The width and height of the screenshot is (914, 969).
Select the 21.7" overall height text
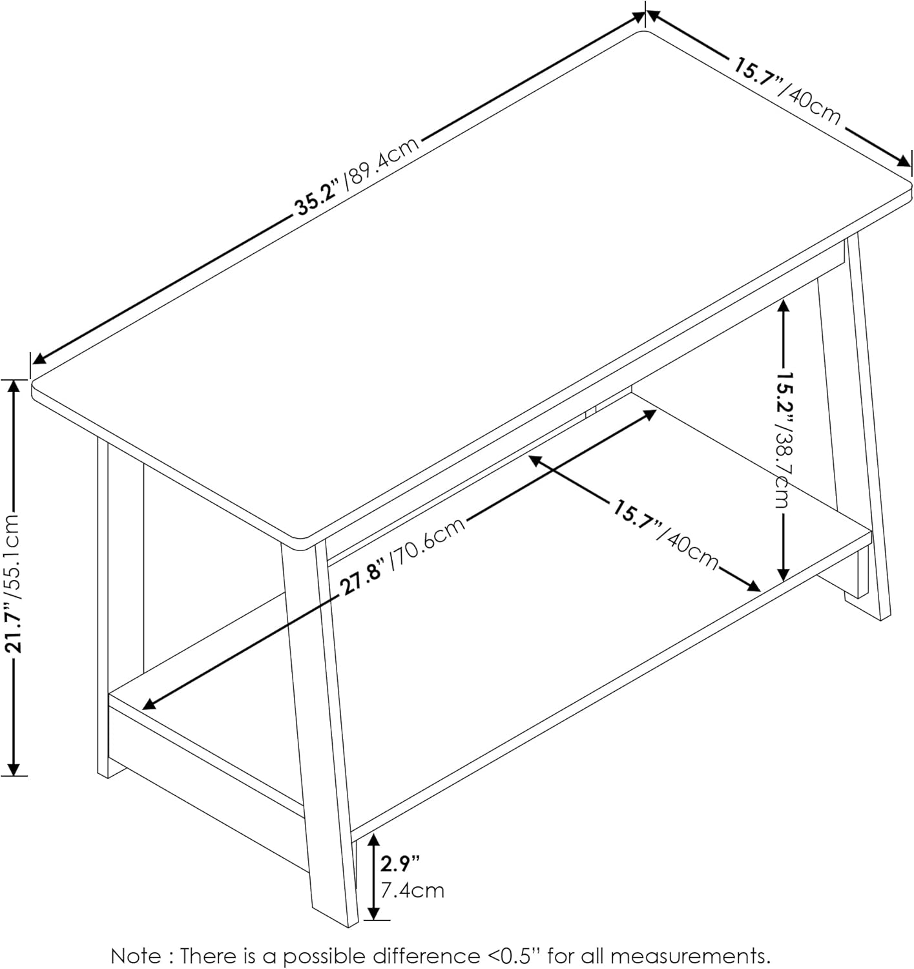(x=14, y=627)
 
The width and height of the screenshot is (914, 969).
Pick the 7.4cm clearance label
(x=412, y=891)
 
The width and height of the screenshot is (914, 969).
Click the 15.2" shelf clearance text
(x=784, y=395)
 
